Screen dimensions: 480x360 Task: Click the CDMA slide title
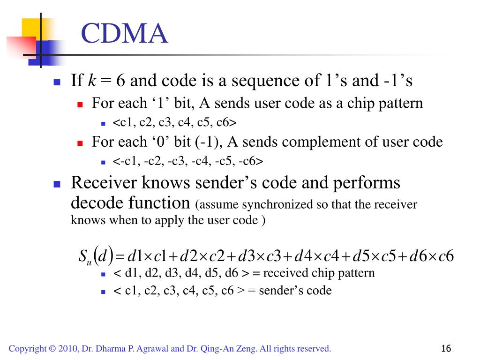click(x=124, y=34)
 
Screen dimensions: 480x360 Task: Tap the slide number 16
click(x=446, y=349)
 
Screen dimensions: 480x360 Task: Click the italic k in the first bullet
click(x=92, y=81)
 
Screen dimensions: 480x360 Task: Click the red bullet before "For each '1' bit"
click(x=80, y=104)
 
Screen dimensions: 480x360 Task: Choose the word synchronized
click(x=263, y=205)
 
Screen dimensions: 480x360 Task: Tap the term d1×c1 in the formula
click(x=147, y=256)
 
